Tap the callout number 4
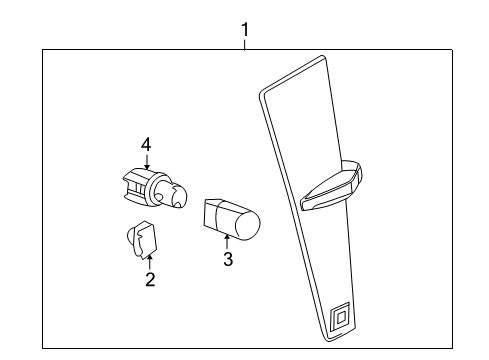click(146, 146)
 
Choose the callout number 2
click(150, 280)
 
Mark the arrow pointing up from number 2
click(150, 262)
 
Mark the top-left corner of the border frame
click(42, 50)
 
